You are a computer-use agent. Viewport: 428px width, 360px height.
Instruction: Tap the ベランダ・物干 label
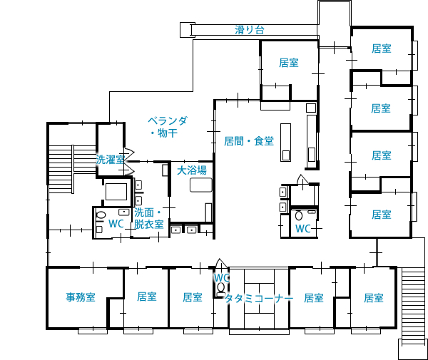point(168,126)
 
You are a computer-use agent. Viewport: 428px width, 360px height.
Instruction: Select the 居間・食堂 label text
point(249,141)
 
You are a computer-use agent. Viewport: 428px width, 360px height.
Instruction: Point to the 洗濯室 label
point(111,159)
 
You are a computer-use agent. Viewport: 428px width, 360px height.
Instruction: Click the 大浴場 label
point(192,170)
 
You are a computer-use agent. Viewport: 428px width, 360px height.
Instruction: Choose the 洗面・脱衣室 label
point(149,218)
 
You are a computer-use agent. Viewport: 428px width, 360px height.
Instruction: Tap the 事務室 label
point(81,297)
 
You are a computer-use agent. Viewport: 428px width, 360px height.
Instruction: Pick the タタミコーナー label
point(259,299)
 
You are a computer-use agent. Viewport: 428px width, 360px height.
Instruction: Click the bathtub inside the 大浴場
point(200,185)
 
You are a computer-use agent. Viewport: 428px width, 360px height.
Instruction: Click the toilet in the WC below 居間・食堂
point(298,215)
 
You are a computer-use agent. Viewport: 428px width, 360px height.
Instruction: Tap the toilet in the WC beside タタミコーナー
point(220,289)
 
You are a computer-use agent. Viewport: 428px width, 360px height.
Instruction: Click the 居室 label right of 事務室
point(147,297)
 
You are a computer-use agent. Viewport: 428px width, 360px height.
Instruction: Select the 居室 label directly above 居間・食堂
point(289,63)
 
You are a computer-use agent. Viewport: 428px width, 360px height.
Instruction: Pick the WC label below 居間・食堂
point(303,229)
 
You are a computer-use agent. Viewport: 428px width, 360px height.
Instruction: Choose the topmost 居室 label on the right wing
point(381,49)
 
